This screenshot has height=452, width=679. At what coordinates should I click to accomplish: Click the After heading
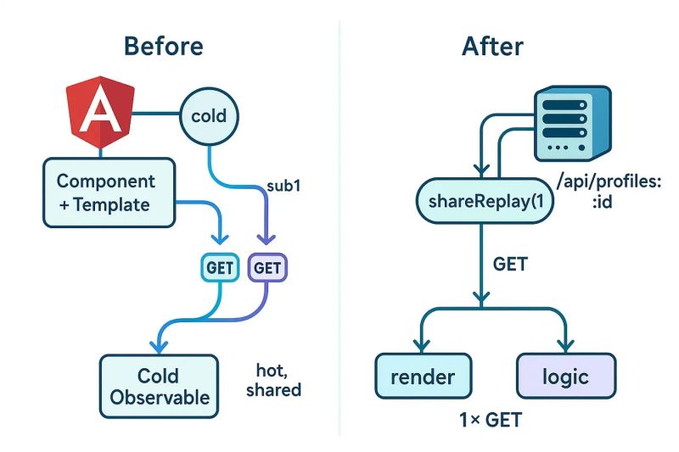coord(492,46)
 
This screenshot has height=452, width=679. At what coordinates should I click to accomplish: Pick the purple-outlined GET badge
coord(267,268)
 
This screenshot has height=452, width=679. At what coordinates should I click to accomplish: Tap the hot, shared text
coord(273,380)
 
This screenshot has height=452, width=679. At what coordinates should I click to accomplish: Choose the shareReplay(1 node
coord(480,201)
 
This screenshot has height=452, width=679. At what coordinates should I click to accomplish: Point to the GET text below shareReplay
coord(510,265)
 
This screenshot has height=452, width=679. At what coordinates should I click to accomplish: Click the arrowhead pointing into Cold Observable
coord(156,345)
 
